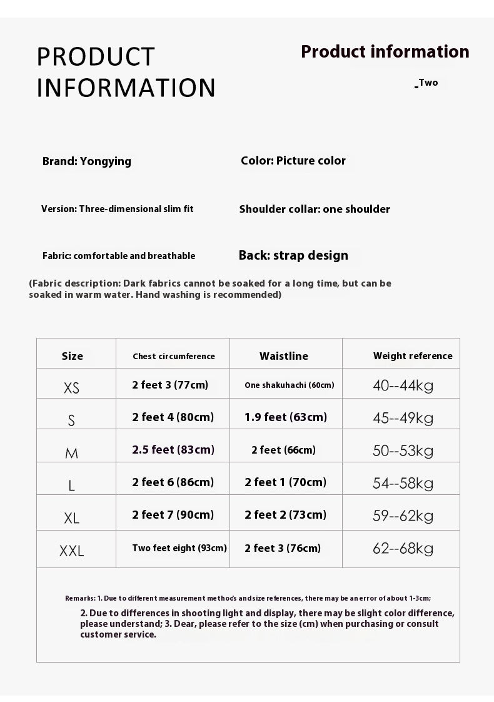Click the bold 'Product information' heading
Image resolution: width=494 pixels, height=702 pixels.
[385, 52]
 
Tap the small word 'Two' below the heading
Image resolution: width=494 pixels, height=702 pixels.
[428, 83]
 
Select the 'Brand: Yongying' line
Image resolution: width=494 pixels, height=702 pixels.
[87, 161]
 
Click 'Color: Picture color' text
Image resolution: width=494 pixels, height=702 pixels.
[293, 161]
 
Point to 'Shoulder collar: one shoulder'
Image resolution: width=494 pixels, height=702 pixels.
[315, 209]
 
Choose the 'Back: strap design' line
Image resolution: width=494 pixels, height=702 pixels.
[293, 255]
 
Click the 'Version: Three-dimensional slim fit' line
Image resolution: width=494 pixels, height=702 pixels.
[118, 209]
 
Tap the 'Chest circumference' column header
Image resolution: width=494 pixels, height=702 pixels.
[173, 357]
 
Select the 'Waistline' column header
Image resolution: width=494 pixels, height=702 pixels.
[284, 356]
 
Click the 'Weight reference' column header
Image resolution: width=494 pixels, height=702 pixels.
[413, 356]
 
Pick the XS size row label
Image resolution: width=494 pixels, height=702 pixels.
[72, 388]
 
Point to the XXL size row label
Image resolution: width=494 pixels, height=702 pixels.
[72, 551]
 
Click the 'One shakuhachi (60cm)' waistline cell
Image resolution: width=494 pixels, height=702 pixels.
[289, 385]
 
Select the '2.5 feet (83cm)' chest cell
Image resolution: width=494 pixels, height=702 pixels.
[173, 450]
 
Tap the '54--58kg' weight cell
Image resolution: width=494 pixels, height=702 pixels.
[403, 482]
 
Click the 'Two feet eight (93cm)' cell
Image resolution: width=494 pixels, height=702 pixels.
[179, 548]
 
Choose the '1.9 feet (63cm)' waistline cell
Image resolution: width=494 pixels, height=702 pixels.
[286, 417]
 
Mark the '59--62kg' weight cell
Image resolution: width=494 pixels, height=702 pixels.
[403, 516]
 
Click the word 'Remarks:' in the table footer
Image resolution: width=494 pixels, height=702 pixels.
[80, 598]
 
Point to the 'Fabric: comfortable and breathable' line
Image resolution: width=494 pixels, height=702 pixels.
[119, 256]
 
